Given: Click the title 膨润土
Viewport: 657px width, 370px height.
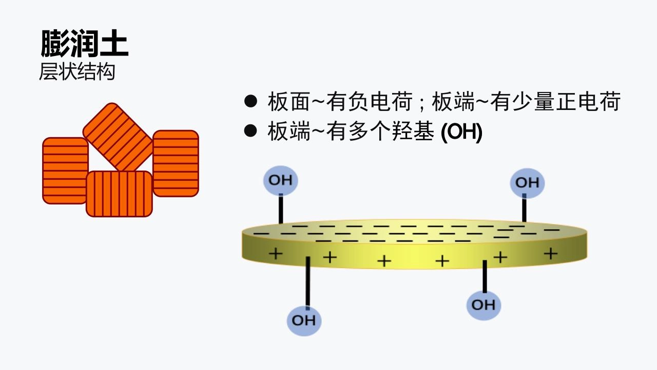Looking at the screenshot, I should coord(84,44).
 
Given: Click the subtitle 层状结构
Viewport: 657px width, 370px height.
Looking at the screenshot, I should coord(77,72).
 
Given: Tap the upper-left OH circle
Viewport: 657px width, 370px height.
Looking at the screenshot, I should coord(281,180).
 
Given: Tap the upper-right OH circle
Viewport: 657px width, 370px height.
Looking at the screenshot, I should coord(527,183).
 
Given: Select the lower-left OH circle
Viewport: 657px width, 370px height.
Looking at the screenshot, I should coord(303,320).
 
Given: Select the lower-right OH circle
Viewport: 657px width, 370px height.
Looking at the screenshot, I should coord(483,305).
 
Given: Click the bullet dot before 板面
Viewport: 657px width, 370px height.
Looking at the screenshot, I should coord(250,101).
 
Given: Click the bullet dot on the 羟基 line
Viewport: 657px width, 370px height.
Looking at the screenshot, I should coord(250,132).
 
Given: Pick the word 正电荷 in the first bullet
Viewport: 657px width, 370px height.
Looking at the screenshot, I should coord(592,102).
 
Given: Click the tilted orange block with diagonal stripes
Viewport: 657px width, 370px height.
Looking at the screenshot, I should coord(118,137).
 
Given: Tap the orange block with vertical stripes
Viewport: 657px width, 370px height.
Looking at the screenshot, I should coord(119,194).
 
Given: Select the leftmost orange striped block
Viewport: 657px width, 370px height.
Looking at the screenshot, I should coord(65,171).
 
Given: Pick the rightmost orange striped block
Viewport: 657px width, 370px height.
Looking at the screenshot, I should coord(176,163).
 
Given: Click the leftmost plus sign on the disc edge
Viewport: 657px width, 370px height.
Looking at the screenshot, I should coord(276,253).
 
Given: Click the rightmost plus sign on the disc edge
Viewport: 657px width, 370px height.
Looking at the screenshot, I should coord(550,253).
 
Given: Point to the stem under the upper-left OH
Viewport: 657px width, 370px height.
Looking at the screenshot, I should coord(281,209).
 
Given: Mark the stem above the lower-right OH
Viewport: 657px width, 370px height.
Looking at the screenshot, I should coord(484,276).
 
